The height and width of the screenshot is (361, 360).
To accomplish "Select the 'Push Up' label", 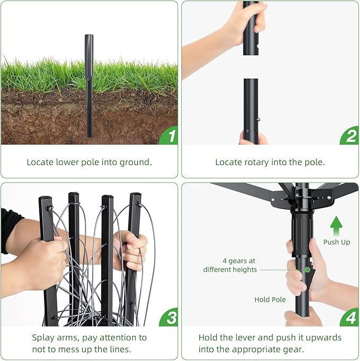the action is click(337, 242).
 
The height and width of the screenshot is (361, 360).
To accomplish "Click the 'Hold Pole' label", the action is click(270, 299).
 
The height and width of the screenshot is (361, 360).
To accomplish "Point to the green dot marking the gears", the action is click(307, 270).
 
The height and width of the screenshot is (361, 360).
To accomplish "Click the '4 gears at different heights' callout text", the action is click(230, 265).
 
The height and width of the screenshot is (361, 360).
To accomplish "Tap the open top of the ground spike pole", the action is click(89, 36).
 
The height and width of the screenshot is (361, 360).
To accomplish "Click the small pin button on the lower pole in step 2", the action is click(259, 119).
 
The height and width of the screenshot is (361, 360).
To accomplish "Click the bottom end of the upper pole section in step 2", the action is click(251, 54).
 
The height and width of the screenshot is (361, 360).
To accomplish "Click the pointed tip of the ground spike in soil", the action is click(89, 136).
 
